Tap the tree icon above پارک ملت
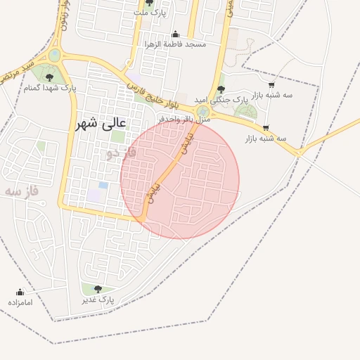click(149, 3)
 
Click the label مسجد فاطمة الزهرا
click(176, 44)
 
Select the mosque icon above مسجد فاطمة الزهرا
click(175, 34)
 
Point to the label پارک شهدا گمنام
click(50, 89)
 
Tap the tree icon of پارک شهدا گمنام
click(49, 77)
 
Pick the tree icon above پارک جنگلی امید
click(221, 89)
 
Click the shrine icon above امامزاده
click(20, 292)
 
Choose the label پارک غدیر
click(97, 300)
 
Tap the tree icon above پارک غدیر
click(98, 289)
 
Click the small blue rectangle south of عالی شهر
click(103, 185)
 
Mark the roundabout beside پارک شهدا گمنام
click(55, 55)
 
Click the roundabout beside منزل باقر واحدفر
click(203, 112)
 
